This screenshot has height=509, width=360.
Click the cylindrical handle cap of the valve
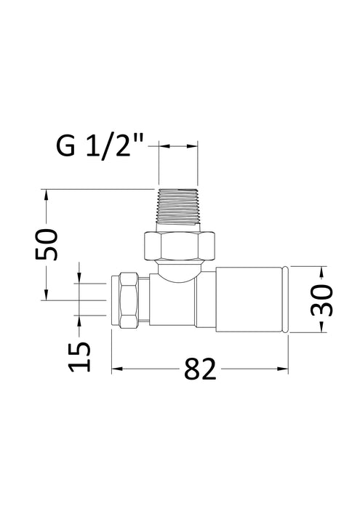(x=247, y=300)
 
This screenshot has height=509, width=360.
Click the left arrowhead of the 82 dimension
(x=116, y=369)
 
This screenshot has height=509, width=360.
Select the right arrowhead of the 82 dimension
(x=285, y=369)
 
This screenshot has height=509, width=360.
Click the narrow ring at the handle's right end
(x=289, y=300)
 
